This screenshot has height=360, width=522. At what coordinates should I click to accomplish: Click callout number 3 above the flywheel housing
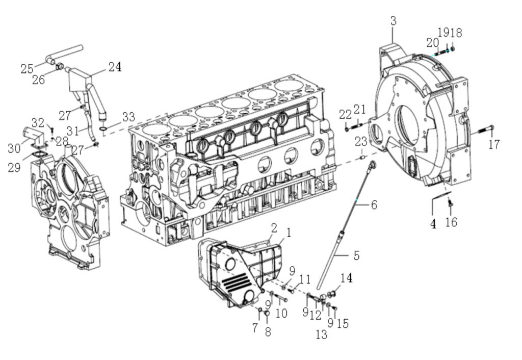[x=393, y=21]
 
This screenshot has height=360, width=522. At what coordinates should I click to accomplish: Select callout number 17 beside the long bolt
[x=493, y=144]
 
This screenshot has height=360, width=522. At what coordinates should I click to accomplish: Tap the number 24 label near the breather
[x=115, y=67]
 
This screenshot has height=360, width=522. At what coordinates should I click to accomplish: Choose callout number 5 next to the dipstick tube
[x=356, y=255]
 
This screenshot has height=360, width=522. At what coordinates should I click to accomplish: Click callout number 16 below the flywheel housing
[x=451, y=222]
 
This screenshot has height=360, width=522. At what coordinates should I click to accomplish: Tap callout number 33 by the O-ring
[x=128, y=117]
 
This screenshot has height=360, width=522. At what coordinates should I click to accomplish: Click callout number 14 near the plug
[x=347, y=278]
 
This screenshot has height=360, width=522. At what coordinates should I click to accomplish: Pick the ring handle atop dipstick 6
[x=372, y=165]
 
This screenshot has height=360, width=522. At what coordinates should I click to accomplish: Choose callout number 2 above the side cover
[x=274, y=226]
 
